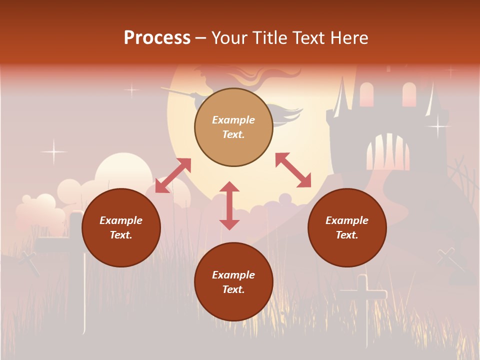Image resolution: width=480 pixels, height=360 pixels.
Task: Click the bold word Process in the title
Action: pyautogui.click(x=157, y=37)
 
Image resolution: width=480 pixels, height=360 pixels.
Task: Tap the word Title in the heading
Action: pyautogui.click(x=269, y=37)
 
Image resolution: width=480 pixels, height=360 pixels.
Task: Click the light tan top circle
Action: pyautogui.click(x=233, y=127)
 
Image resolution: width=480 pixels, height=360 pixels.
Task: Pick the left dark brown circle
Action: pyautogui.click(x=121, y=227)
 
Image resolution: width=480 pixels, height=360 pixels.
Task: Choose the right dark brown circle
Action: pyautogui.click(x=346, y=227)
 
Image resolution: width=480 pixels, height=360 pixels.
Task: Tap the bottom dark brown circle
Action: pyautogui.click(x=233, y=282)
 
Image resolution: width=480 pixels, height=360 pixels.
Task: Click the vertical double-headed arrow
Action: pyautogui.click(x=229, y=205)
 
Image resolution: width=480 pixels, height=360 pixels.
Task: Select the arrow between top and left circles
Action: pyautogui.click(x=173, y=175)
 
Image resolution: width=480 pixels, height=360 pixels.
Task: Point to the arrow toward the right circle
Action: pyautogui.click(x=293, y=170)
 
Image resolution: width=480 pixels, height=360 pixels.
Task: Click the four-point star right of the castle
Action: pyautogui.click(x=438, y=125)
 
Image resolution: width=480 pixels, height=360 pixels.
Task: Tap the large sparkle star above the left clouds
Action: pyautogui.click(x=53, y=151)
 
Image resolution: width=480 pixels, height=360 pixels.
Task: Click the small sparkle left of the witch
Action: pyautogui.click(x=131, y=90)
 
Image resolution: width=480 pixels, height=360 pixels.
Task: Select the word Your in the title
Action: pyautogui.click(x=228, y=37)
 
